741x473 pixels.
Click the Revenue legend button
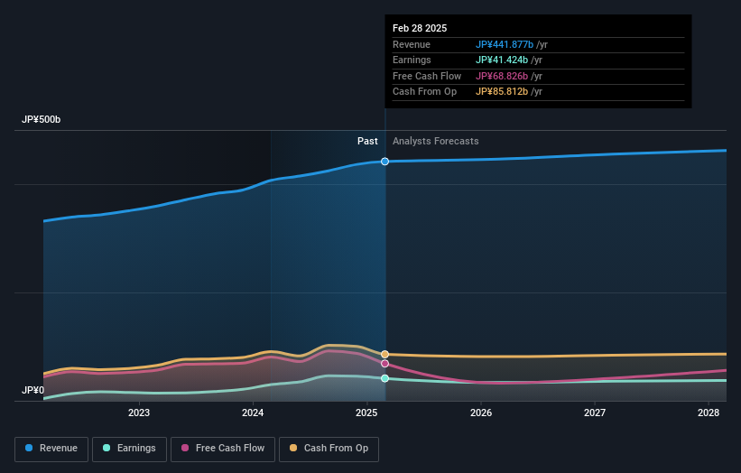pyautogui.click(x=51, y=449)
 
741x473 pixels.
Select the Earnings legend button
pyautogui.click(x=128, y=449)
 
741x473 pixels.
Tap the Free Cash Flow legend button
pyautogui.click(x=222, y=449)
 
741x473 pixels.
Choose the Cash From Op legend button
pyautogui.click(x=329, y=449)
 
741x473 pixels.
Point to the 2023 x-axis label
pyautogui.click(x=139, y=413)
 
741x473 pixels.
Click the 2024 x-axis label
pyautogui.click(x=253, y=413)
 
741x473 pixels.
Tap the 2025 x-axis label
pyautogui.click(x=366, y=413)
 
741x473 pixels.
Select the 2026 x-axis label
pyautogui.click(x=481, y=413)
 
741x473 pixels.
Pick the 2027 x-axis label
pyautogui.click(x=595, y=413)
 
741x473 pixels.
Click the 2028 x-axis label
pyautogui.click(x=709, y=413)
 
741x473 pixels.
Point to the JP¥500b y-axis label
pyautogui.click(x=42, y=120)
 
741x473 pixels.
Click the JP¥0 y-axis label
pyautogui.click(x=32, y=391)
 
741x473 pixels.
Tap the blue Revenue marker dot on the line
pyautogui.click(x=385, y=162)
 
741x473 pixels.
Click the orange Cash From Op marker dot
pyautogui.click(x=385, y=355)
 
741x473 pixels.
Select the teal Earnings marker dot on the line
pyautogui.click(x=385, y=378)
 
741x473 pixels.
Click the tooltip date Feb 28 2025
pyautogui.click(x=420, y=29)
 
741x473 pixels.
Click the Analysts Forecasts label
pyautogui.click(x=436, y=142)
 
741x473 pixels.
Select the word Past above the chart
pyautogui.click(x=367, y=142)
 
